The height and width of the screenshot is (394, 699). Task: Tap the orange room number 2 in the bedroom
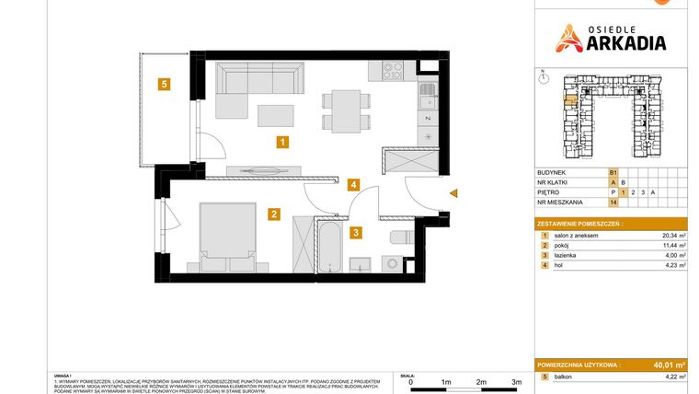pyautogui.click(x=274, y=214)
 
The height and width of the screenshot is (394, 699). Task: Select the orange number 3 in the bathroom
pyautogui.click(x=355, y=233)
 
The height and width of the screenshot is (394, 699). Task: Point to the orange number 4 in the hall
pyautogui.click(x=353, y=184)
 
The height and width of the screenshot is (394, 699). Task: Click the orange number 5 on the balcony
pyautogui.click(x=163, y=86)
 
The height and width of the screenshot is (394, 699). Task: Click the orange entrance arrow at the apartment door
pyautogui.click(x=453, y=192)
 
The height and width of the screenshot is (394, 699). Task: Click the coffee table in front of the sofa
pyautogui.click(x=276, y=115)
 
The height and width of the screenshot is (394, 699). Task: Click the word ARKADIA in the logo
pyautogui.click(x=626, y=41)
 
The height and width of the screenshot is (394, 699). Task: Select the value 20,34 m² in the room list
pyautogui.click(x=675, y=236)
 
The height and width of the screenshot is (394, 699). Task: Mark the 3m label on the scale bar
pyautogui.click(x=516, y=381)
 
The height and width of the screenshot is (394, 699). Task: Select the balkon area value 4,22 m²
pyautogui.click(x=675, y=377)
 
